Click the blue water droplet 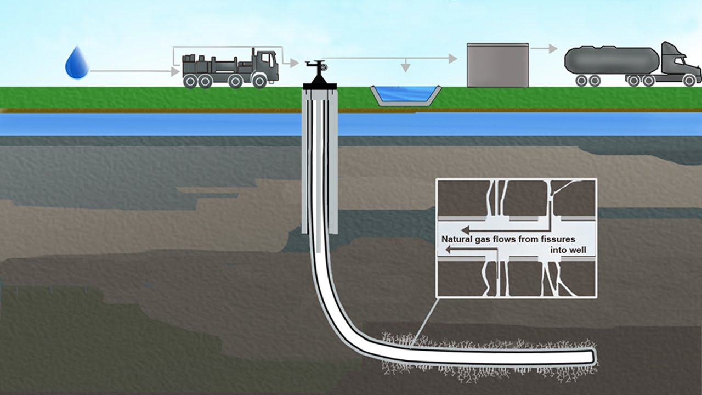[77, 63]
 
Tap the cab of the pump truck [267, 65]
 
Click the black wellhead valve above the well [319, 74]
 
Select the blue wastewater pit [406, 95]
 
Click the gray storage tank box [497, 65]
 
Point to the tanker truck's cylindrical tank [611, 60]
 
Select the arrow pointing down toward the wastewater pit [406, 65]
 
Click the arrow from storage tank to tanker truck [544, 49]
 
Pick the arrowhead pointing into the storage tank [453, 58]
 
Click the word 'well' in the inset [579, 250]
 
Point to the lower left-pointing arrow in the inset [471, 250]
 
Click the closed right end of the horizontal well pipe [593, 356]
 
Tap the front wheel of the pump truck [259, 81]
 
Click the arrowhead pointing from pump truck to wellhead [294, 63]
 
